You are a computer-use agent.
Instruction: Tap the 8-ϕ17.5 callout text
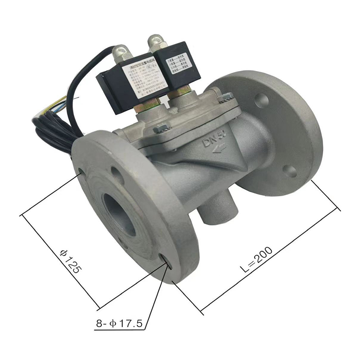pos(119,323)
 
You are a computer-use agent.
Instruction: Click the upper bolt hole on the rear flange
pos(261,100)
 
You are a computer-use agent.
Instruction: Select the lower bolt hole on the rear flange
pos(290,171)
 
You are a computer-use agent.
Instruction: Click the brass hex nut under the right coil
pos(181,93)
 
